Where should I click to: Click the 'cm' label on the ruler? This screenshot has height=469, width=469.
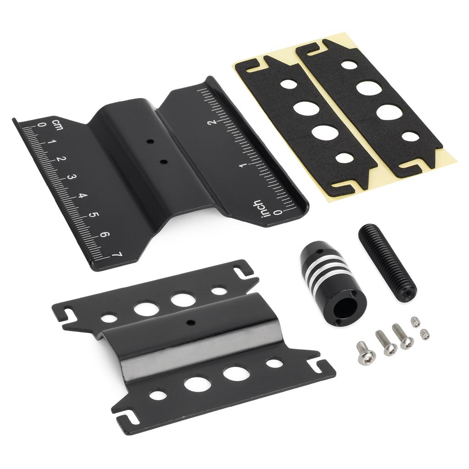(58, 125)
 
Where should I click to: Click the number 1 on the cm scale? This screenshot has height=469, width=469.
(50, 142)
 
